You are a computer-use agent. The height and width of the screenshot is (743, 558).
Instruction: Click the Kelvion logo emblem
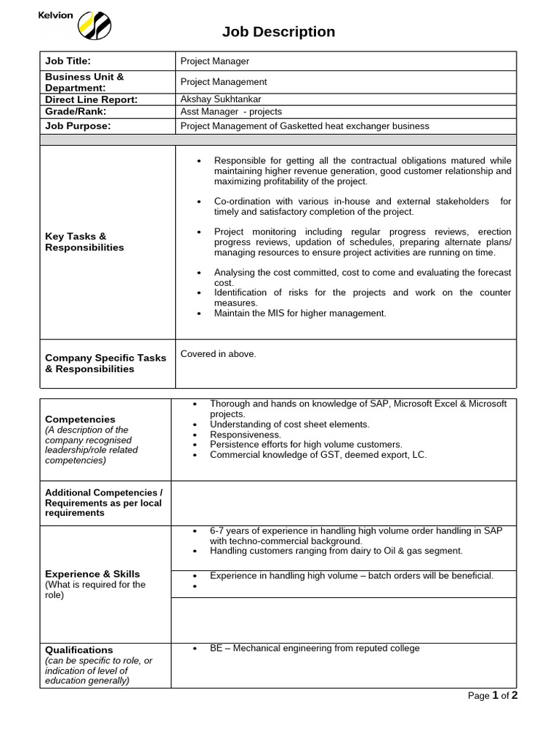coord(94,25)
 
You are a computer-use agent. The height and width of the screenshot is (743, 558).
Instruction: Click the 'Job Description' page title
coord(278,32)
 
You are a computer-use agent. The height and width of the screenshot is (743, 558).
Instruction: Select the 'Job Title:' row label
coord(68,62)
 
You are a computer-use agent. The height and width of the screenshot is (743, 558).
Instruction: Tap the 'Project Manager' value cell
coord(214,62)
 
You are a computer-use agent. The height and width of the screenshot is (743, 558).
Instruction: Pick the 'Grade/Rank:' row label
coord(76,111)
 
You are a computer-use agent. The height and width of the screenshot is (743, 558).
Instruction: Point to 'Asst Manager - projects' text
coord(231,112)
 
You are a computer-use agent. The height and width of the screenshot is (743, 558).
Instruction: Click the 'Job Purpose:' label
coord(78,126)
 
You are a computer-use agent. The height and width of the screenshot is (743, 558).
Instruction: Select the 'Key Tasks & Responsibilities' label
coord(84,242)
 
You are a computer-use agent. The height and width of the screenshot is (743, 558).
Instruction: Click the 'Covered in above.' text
coord(218,354)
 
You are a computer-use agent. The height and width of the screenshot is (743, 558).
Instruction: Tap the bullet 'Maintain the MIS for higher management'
coord(299,313)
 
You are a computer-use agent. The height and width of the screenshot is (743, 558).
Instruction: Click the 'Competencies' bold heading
coord(80,419)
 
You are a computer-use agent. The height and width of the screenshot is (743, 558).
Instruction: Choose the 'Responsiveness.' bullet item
coord(245,435)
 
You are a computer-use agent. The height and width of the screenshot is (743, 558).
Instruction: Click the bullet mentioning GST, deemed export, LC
coord(318,455)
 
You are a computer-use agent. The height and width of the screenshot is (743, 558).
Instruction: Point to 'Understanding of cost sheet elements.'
coord(289,424)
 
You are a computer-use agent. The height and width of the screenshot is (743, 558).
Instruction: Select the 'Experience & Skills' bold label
coord(92,574)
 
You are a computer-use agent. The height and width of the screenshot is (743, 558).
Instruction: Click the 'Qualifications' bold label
coord(79,650)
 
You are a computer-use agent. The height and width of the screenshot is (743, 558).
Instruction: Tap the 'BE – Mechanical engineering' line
coord(314,649)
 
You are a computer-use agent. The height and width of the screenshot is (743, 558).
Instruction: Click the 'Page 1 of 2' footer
coord(492,696)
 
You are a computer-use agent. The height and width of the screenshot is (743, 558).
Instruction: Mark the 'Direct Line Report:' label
coord(91,99)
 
